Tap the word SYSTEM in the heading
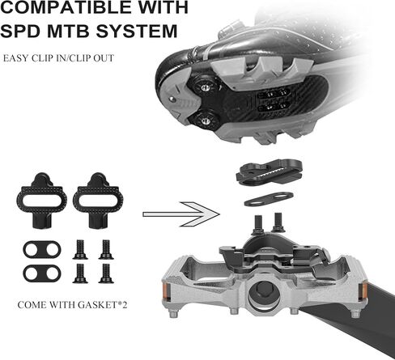[x=137, y=31]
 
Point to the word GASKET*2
[x=102, y=305]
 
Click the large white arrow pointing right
[x=181, y=214]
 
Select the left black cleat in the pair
[x=42, y=201]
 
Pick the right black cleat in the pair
[x=98, y=201]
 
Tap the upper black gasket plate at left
[x=42, y=249]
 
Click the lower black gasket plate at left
[x=42, y=273]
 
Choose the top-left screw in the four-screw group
[x=80, y=250]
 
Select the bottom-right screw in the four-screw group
[x=106, y=273]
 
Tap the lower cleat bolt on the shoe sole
[x=205, y=121]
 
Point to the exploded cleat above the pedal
[x=269, y=172]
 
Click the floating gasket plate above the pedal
[x=269, y=199]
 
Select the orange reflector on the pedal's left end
[x=166, y=292]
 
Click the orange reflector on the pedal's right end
[x=363, y=293]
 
